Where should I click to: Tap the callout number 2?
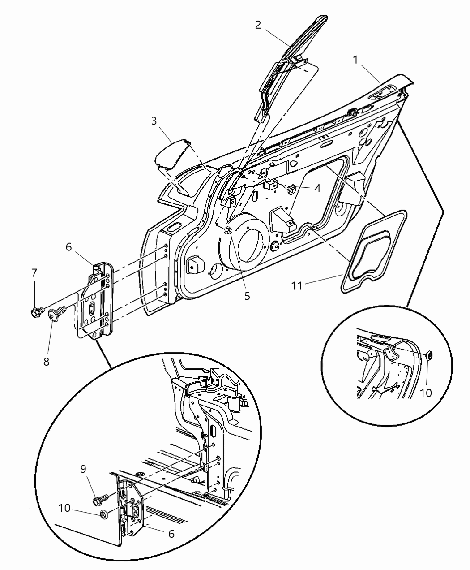[x=258, y=25]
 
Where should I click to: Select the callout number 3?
[x=154, y=121]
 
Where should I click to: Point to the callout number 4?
[x=317, y=189]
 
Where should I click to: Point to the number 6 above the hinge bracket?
[x=69, y=247]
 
